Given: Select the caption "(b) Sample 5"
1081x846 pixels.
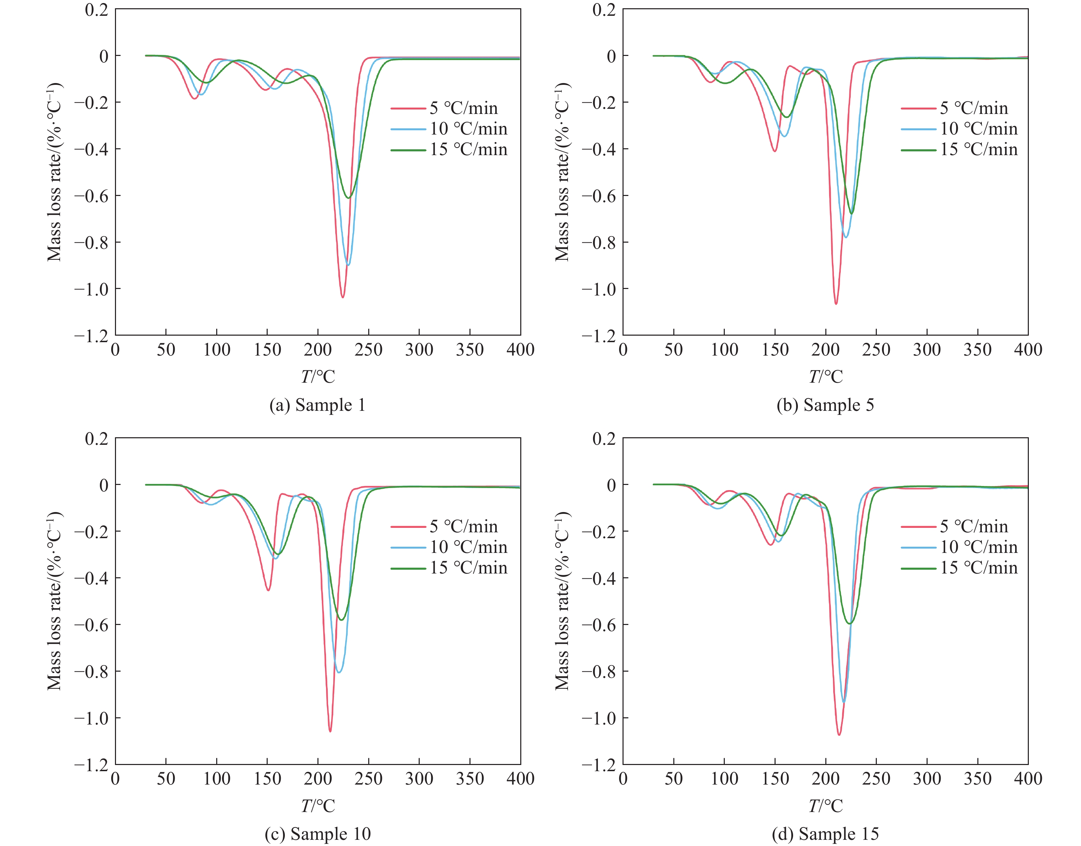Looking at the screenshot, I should click(825, 405).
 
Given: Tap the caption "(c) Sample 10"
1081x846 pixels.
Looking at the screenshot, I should click(317, 834).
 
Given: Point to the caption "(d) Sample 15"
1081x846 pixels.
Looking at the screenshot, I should click(825, 834).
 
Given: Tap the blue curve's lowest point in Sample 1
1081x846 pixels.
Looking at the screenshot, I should click(348, 265).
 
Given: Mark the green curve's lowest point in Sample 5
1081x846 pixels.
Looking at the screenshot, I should click(851, 213).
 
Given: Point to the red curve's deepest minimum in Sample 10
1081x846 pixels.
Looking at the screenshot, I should click(330, 731).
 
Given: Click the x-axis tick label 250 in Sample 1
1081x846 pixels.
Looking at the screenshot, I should click(369, 350).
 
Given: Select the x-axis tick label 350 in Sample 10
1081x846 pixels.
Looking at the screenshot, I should click(469, 779).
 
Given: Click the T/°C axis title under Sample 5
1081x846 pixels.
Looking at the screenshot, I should click(825, 377).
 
